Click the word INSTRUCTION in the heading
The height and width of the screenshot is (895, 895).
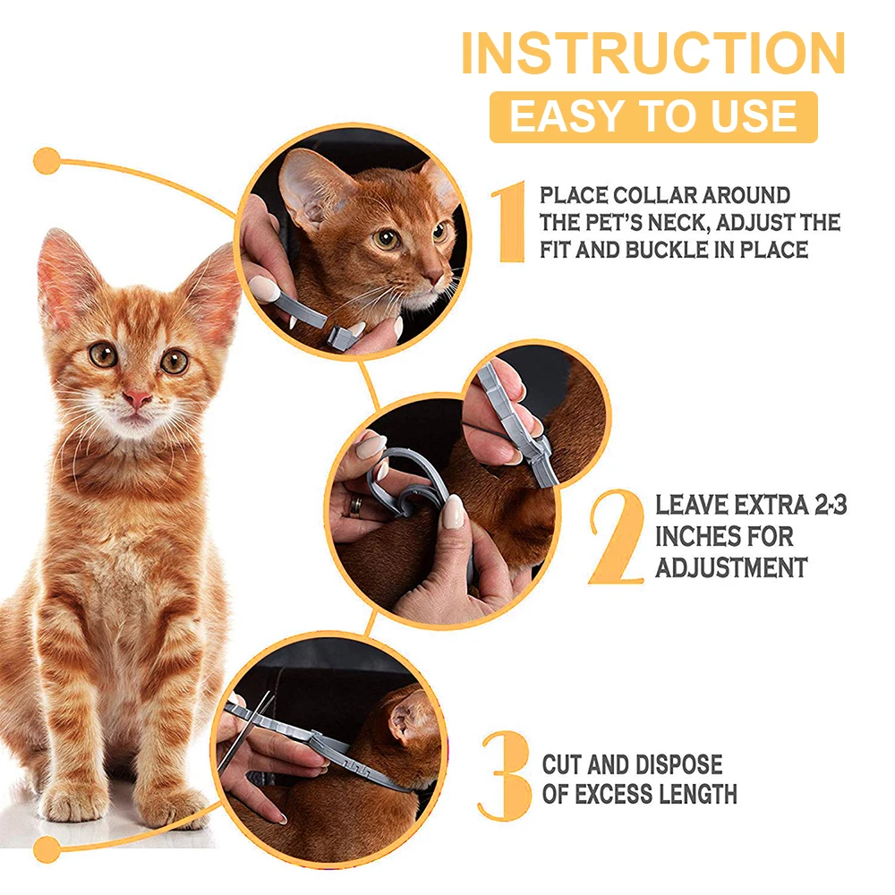tap(653, 53)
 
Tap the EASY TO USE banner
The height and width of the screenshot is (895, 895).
tap(653, 117)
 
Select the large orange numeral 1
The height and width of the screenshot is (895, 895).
tap(509, 222)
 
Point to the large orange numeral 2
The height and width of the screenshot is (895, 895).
tap(617, 536)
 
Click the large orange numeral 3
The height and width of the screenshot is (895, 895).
tap(505, 776)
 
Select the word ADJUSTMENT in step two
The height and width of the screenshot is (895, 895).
tap(731, 568)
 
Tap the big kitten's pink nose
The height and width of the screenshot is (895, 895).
tap(137, 399)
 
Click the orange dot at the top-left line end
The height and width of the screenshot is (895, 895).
tap(47, 161)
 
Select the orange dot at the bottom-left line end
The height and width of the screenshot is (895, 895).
tap(47, 850)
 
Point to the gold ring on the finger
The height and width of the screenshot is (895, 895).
tap(355, 507)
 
